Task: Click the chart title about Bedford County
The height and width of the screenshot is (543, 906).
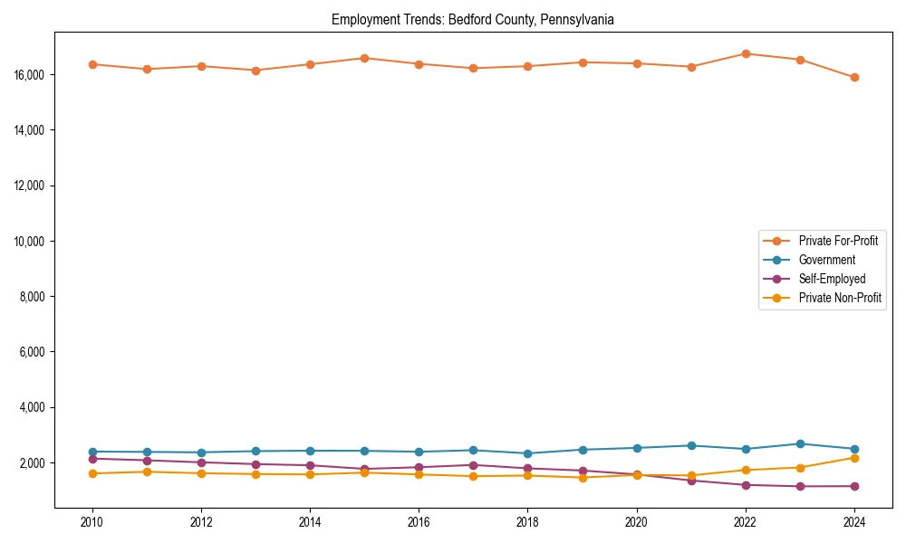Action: point(473,19)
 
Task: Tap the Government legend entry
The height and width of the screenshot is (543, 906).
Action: point(826,260)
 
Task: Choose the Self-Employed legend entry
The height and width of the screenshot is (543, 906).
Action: point(832,279)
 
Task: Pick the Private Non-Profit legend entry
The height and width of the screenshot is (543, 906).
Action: point(840,298)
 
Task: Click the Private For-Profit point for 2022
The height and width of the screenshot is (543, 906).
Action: point(746,53)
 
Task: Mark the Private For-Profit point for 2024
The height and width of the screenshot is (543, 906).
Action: point(854,77)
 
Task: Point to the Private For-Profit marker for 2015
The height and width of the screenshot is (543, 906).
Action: point(364,58)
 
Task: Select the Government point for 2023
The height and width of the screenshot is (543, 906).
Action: point(800,443)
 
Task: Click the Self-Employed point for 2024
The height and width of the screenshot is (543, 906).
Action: point(854,486)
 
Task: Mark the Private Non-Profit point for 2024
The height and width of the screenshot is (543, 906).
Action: point(854,458)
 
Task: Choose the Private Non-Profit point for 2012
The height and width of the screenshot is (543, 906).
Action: point(201,473)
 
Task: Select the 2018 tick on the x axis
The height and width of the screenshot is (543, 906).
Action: point(527,522)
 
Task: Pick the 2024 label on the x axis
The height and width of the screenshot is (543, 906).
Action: point(854,522)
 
